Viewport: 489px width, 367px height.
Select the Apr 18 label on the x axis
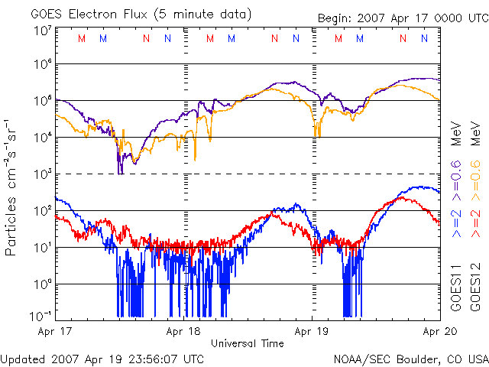click(183, 332)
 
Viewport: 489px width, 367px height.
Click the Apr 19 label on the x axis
click(312, 332)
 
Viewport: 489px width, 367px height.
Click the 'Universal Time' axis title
click(248, 344)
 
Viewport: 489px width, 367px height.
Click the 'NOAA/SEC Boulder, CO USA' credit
click(410, 358)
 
